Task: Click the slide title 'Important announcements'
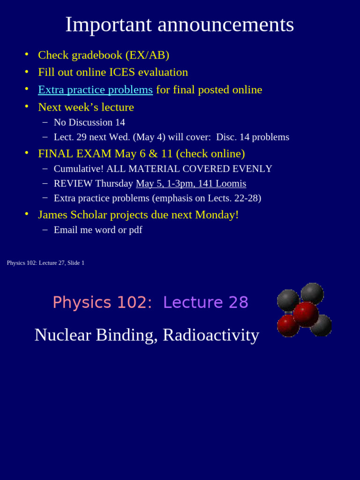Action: point(180,25)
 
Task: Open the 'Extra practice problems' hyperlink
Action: point(95,90)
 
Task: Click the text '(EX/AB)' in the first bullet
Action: point(147,55)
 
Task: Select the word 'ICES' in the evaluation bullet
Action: point(122,72)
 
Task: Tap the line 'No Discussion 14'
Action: point(89,122)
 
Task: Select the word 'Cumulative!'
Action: point(78,169)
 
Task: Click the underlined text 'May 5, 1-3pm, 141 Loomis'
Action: point(191,183)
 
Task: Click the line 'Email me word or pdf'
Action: point(97,230)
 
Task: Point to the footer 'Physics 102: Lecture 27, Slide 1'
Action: point(45,263)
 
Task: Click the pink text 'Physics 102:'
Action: point(102,303)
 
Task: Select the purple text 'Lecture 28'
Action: point(205,303)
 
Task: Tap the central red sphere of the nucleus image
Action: point(306,314)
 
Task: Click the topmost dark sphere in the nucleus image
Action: point(312,293)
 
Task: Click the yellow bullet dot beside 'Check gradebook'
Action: point(27,54)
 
